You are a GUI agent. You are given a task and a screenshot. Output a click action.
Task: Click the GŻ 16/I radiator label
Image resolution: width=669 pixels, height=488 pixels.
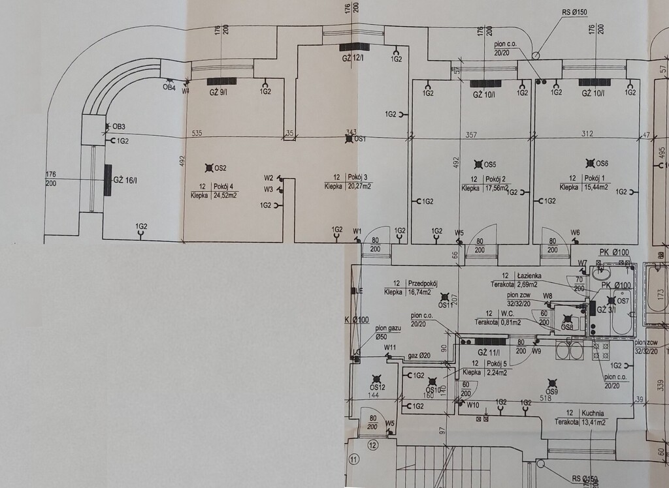125,180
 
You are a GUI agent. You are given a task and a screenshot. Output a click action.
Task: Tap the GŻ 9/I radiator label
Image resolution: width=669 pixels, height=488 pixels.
218,92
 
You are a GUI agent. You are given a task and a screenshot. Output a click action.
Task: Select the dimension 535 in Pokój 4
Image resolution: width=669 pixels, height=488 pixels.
196,133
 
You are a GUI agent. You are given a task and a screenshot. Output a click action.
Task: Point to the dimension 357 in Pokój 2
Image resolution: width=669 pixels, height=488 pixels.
471,134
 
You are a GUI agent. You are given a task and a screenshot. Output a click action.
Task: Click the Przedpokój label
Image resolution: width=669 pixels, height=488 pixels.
422,284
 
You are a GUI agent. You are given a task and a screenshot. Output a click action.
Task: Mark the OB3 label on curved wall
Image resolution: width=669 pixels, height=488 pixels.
118,127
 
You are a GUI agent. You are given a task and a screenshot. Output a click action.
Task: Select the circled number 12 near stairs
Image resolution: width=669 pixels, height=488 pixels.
372,446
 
